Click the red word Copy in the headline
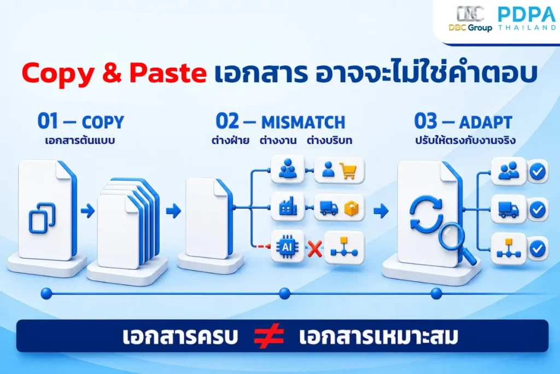click(57, 74)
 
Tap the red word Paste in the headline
click(168, 73)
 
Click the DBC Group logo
click(470, 18)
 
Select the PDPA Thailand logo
click(527, 19)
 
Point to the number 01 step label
click(48, 121)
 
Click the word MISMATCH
click(303, 122)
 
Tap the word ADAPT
click(486, 122)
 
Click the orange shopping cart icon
click(348, 170)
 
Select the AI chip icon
click(287, 247)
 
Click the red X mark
click(314, 249)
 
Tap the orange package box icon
click(351, 208)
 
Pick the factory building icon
click(288, 206)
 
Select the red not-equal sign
click(269, 336)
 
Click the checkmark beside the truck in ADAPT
click(538, 210)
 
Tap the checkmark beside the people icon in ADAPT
click(538, 171)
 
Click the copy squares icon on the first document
click(42, 218)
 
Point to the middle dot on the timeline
click(284, 294)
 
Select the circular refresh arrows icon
click(426, 214)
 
